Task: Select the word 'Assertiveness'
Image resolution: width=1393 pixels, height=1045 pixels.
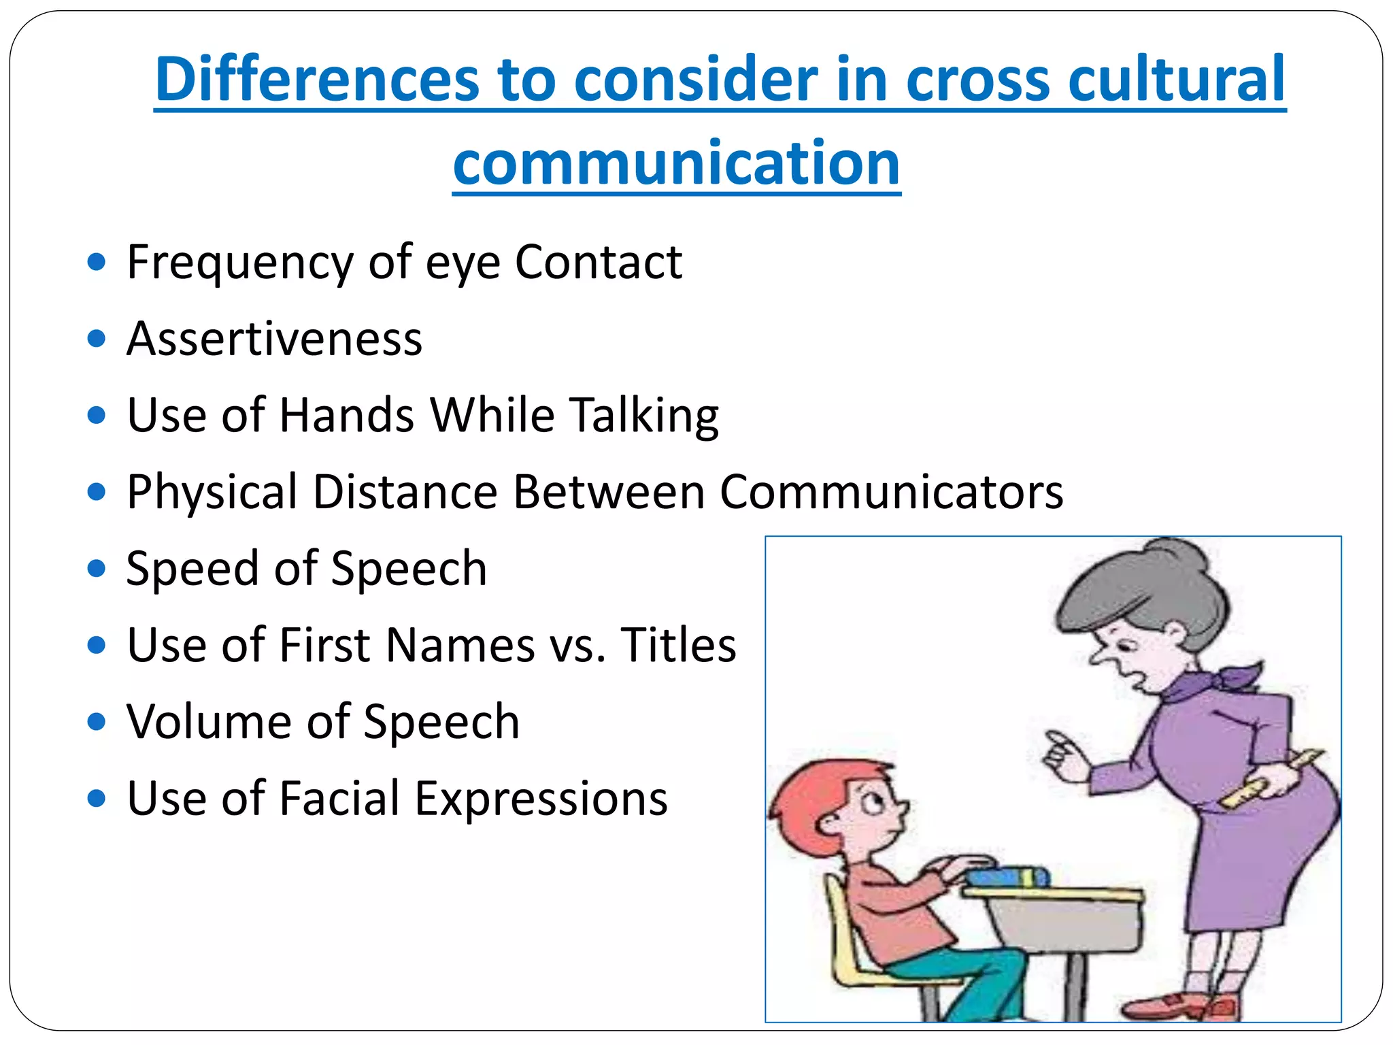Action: pos(274,338)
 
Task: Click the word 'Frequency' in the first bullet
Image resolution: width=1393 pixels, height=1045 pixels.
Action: pos(239,263)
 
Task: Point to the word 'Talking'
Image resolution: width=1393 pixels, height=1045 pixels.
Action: pos(644,416)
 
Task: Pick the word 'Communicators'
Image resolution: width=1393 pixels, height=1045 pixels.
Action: pos(892,492)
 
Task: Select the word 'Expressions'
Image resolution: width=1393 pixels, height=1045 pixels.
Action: pos(541,798)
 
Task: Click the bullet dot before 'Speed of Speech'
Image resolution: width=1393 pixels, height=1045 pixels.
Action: pos(97,568)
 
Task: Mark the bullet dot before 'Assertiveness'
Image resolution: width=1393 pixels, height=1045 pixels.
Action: pos(97,338)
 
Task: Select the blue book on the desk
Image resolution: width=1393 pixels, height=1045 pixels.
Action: pos(1007,876)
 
